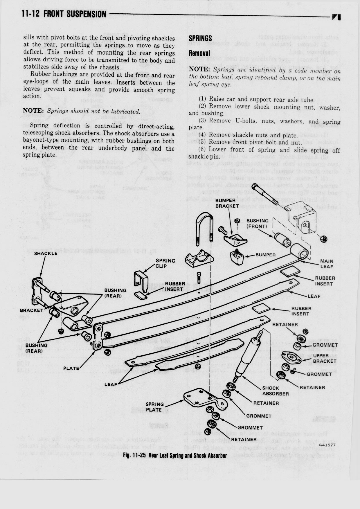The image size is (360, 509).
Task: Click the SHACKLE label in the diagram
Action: (46, 253)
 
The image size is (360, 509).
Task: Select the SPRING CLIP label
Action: (165, 263)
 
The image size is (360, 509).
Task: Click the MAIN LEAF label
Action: (327, 264)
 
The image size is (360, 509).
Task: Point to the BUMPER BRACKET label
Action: (227, 203)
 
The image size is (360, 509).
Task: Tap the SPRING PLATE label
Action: (155, 407)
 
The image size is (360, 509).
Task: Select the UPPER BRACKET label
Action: (325, 358)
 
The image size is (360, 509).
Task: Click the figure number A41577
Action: (327, 445)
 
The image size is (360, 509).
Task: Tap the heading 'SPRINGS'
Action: (200, 38)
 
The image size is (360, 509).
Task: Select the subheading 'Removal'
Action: (199, 53)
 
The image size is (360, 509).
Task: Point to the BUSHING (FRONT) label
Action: (257, 223)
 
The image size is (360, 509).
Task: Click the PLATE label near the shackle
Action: (71, 368)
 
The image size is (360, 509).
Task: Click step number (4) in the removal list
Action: (203, 135)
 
